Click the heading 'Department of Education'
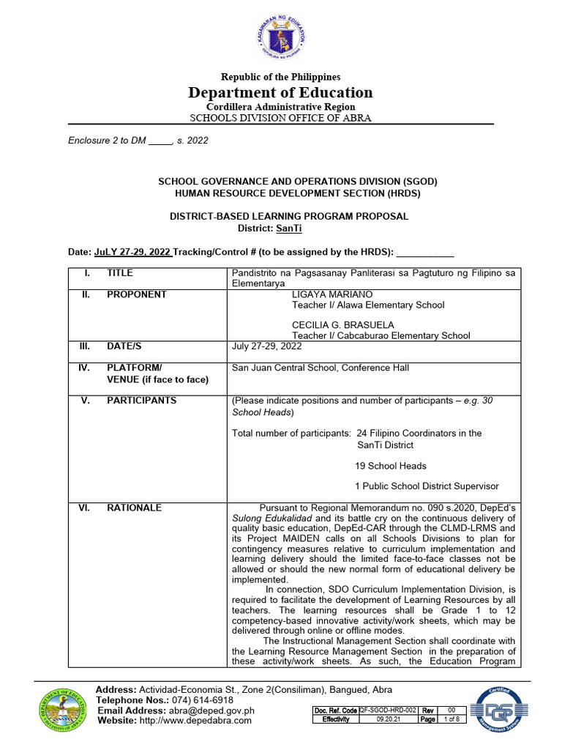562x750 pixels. [280, 92]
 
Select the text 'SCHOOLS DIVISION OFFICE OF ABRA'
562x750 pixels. [280, 118]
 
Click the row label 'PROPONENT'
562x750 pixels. [136, 294]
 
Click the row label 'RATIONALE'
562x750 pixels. [135, 508]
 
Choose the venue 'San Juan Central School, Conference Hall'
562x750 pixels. [320, 368]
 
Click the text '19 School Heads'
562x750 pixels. [390, 466]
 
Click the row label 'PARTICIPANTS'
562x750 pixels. [141, 401]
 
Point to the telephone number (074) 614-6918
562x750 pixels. [188, 700]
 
